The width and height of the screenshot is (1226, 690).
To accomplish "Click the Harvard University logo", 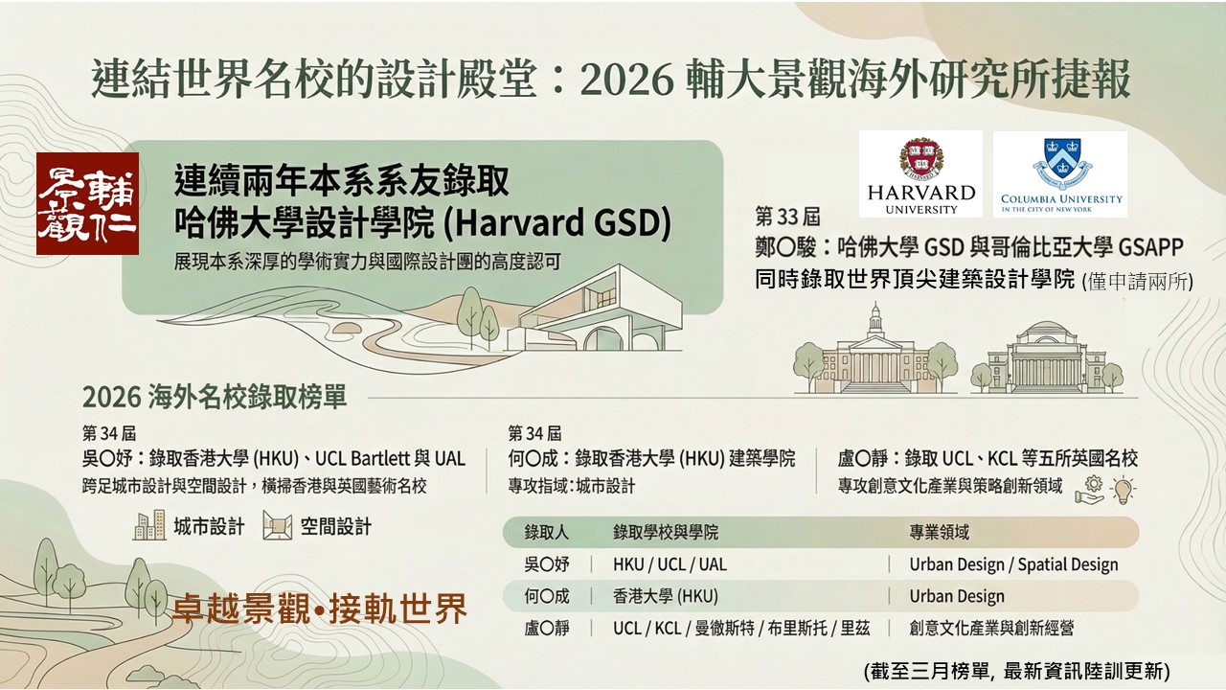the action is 920,174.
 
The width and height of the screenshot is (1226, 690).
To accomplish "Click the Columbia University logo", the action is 1060,174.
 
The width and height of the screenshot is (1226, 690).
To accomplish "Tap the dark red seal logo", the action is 87,204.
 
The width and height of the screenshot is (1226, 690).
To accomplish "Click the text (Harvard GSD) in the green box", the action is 556,223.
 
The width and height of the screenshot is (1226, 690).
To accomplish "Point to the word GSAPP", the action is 1150,247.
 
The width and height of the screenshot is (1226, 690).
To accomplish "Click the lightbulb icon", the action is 1123,490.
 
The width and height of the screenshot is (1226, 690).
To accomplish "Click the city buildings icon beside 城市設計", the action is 149,526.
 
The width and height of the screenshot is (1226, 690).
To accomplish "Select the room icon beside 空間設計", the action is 278,526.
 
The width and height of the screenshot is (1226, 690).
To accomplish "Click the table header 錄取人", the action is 546,532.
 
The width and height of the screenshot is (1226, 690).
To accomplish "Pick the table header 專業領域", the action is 940,532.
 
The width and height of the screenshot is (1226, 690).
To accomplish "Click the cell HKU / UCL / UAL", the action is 670,564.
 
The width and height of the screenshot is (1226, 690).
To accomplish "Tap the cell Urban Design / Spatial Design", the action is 1013,564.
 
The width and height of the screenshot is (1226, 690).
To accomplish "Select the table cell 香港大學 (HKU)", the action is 666,596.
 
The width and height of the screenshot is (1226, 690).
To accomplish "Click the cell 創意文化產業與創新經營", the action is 991,628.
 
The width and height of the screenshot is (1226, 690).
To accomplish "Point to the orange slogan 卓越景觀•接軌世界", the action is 320,609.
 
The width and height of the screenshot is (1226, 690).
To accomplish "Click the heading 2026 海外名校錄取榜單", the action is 215,397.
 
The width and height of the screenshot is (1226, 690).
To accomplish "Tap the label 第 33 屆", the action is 787,217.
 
